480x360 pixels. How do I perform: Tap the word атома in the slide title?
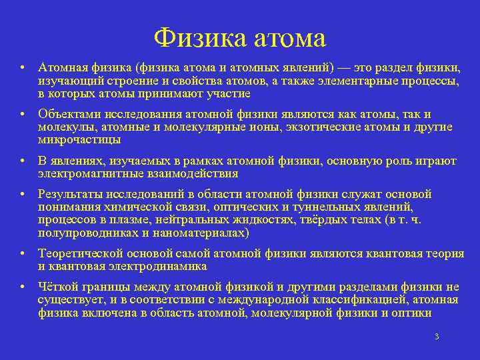pos(289,38)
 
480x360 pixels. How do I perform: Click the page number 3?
pos(437,337)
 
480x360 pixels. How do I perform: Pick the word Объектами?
pos(65,114)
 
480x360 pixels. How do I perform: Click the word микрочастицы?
pos(79,139)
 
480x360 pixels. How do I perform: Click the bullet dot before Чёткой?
pos(23,287)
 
